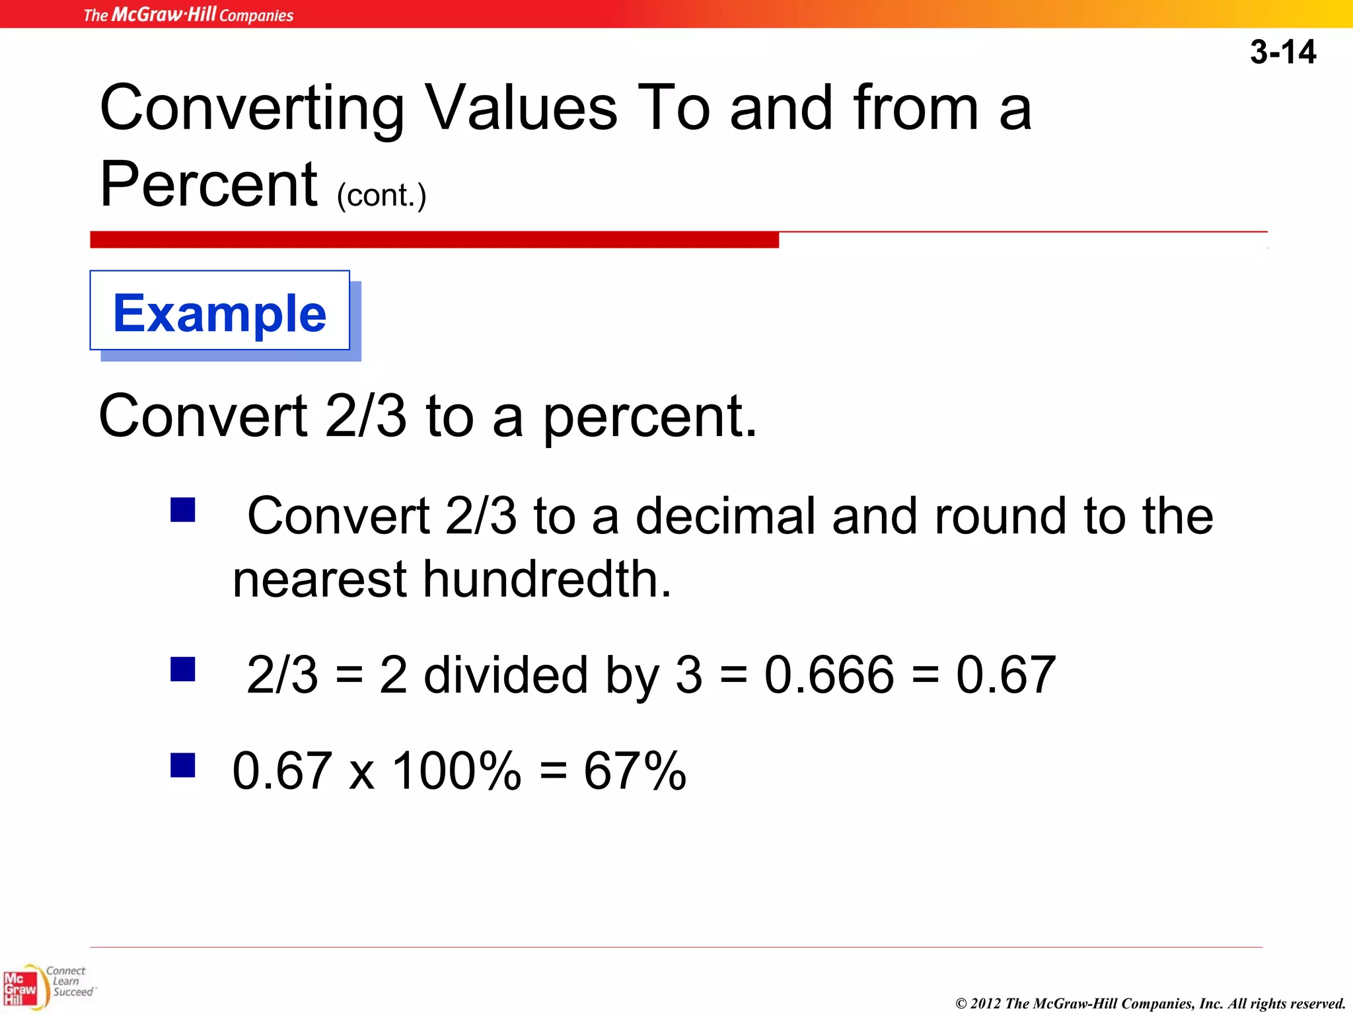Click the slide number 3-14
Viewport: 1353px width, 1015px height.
[x=1282, y=52]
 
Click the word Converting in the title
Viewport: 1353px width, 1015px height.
[x=252, y=109]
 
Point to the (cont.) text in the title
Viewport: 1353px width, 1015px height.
[x=382, y=196]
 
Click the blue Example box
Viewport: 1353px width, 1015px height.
[x=220, y=313]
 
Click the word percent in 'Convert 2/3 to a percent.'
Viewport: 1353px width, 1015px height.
[x=649, y=418]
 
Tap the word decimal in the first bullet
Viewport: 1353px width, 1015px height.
[x=725, y=516]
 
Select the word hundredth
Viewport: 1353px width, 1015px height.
[x=547, y=580]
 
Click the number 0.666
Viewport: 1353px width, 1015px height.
[x=829, y=675]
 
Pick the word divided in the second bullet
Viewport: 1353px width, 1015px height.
[x=505, y=675]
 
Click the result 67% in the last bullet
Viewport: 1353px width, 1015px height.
[x=635, y=771]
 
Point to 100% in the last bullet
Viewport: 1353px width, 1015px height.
[x=457, y=771]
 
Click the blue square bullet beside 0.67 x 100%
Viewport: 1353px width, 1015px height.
[x=182, y=765]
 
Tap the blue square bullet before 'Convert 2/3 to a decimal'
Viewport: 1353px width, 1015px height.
[x=182, y=510]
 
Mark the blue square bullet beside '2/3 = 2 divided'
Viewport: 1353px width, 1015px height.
[x=182, y=669]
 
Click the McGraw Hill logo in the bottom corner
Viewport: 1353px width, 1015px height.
[x=21, y=989]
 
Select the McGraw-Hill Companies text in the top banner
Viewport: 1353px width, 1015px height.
[x=188, y=15]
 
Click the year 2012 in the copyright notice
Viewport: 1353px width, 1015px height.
[x=985, y=1004]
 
